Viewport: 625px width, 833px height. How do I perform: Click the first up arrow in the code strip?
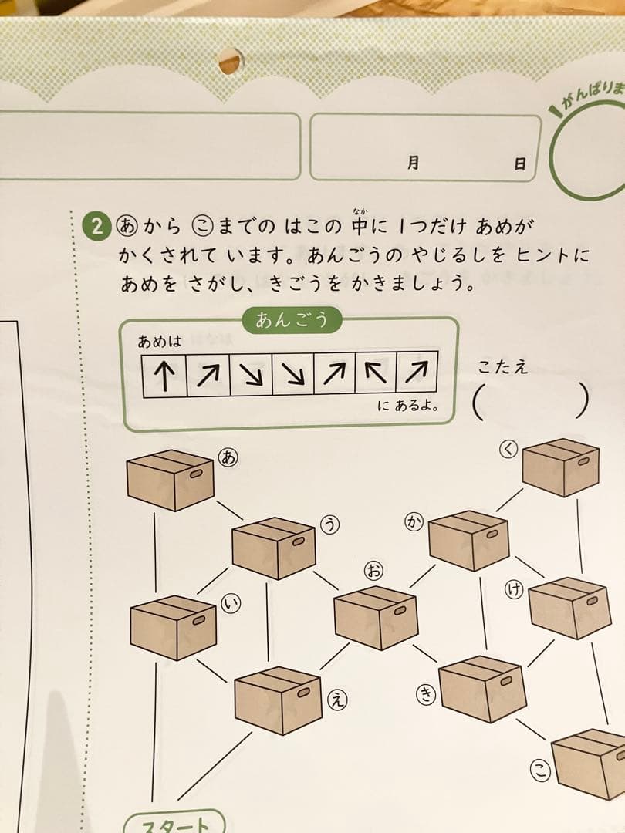[164, 374]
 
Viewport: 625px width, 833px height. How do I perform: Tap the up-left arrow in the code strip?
[375, 374]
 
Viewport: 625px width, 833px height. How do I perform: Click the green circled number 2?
[97, 227]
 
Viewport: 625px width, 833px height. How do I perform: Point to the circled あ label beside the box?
[228, 457]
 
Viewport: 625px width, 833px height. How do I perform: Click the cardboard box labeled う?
[273, 548]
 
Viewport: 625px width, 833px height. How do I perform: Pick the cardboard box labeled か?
[468, 540]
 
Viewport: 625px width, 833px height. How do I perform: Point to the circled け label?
[513, 590]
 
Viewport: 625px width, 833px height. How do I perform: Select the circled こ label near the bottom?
[541, 768]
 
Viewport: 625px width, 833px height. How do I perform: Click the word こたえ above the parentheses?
[502, 367]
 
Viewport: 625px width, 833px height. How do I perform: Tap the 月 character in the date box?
[414, 163]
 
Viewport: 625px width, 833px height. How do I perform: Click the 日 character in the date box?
[520, 164]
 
